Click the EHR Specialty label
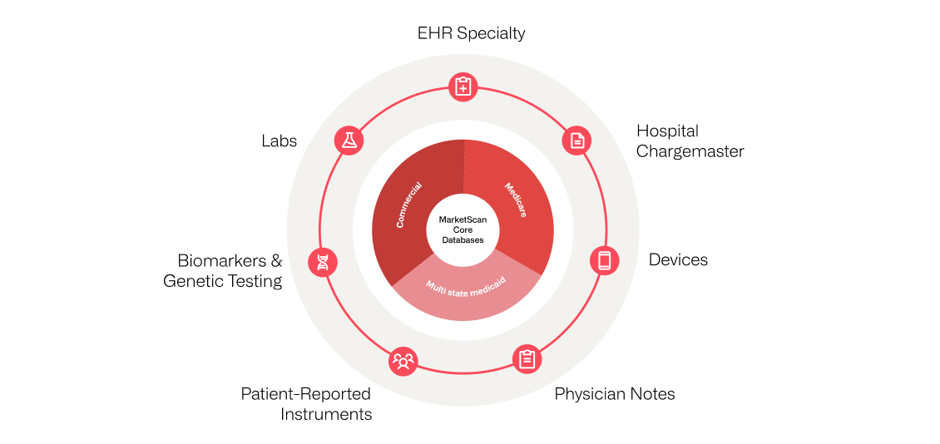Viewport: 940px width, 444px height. [471, 33]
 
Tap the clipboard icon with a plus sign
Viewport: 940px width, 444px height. [463, 86]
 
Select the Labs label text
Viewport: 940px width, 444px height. [280, 141]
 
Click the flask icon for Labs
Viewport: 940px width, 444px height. [349, 141]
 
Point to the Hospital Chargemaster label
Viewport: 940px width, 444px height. [690, 141]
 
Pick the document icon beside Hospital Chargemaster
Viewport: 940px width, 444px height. [576, 141]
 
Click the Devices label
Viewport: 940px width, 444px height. [679, 260]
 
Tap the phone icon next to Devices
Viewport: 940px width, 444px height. [604, 260]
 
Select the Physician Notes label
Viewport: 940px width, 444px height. [615, 394]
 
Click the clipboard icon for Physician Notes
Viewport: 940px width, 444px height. [527, 359]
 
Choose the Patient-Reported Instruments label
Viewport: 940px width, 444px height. [306, 404]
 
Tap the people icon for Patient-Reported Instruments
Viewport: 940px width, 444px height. [403, 361]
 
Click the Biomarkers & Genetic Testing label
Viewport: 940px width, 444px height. [222, 271]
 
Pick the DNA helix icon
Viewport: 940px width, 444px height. [323, 262]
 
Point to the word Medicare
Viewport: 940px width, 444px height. [515, 200]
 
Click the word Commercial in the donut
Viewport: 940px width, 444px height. [409, 205]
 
